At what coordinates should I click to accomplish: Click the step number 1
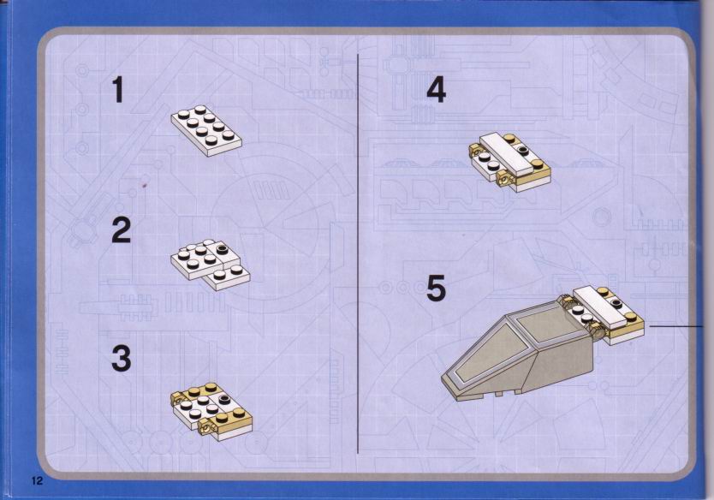(118, 89)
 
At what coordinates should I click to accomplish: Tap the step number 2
(122, 230)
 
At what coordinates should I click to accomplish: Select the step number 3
(122, 359)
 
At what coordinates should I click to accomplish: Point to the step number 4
(437, 90)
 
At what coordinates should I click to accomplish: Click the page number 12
(37, 480)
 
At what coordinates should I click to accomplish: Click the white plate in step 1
(206, 131)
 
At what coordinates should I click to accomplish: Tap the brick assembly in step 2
(211, 265)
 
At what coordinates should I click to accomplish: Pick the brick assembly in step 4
(509, 162)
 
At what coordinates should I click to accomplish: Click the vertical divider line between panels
(358, 253)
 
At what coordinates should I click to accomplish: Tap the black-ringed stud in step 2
(223, 248)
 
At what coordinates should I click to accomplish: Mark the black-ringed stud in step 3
(224, 401)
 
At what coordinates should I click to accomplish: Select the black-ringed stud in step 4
(523, 149)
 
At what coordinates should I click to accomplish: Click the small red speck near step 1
(145, 185)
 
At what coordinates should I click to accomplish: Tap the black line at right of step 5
(676, 326)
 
